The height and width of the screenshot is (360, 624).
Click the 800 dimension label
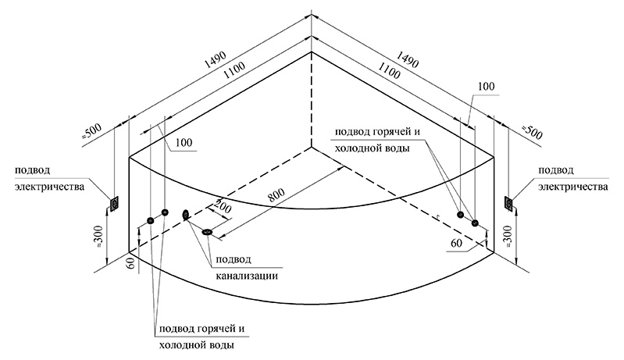pos(276,195)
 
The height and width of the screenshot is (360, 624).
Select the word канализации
pos(247,276)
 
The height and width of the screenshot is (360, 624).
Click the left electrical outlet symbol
pos(114,204)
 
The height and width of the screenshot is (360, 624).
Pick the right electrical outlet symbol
pos(508,203)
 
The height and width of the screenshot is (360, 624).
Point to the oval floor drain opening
pos(208,231)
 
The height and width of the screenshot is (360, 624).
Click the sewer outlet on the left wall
pos(185,216)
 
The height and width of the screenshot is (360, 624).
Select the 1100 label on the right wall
pos(389,71)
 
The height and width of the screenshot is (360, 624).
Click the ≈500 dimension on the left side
pos(92,132)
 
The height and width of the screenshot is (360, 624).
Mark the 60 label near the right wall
pos(457,243)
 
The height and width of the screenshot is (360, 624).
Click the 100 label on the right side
pos(485,87)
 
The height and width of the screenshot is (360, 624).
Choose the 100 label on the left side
pos(183,142)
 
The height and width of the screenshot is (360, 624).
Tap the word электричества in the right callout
pos(573,187)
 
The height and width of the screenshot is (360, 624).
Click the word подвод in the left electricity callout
pos(33,171)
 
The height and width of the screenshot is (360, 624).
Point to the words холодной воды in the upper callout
pos(372,148)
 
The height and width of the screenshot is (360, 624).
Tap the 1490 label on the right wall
pos(407,59)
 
